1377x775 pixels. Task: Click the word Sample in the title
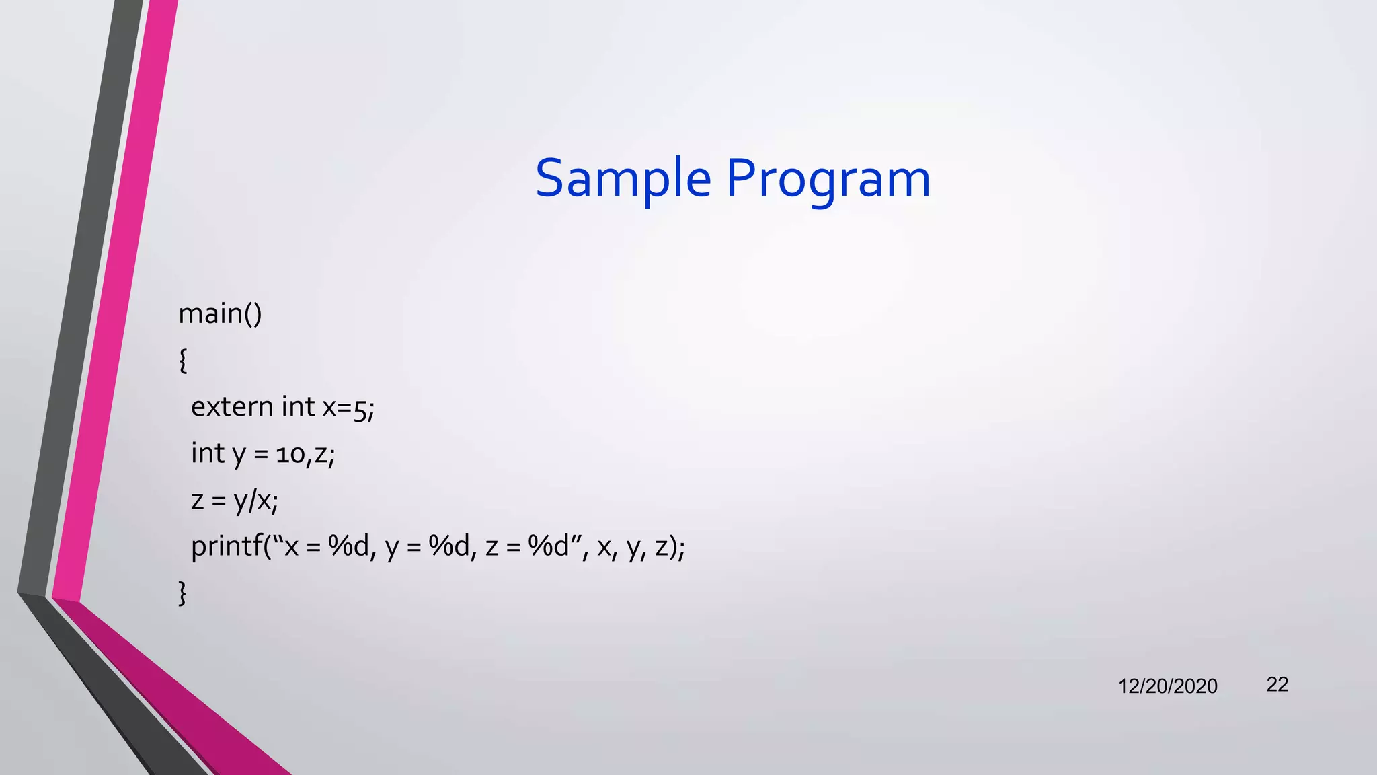click(x=623, y=179)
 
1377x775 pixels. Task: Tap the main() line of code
click(x=220, y=314)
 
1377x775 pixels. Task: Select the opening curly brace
click(x=183, y=361)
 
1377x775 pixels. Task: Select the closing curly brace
click(x=182, y=593)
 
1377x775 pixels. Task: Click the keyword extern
click(x=232, y=407)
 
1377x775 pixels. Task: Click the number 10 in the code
click(x=290, y=455)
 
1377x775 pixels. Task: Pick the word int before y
click(x=207, y=453)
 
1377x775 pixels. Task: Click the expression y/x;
click(x=255, y=501)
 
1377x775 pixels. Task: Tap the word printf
click(x=226, y=547)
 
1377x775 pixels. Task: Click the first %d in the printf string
click(x=348, y=546)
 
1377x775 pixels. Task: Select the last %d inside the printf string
click(x=549, y=546)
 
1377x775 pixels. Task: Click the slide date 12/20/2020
click(x=1167, y=686)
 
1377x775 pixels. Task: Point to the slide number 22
click(x=1277, y=684)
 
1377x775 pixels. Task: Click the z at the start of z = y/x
click(x=197, y=501)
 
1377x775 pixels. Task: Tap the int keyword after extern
click(x=298, y=407)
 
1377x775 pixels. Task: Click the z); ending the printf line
click(x=670, y=547)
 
